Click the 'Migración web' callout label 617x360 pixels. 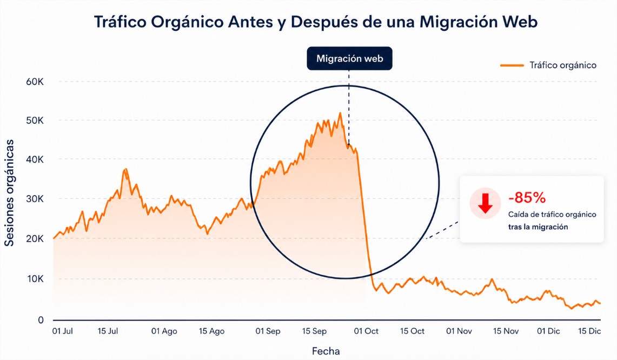349,58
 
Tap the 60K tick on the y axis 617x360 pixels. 35,82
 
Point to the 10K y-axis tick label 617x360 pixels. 35,279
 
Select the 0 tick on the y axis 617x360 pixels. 41,319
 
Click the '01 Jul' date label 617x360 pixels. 63,331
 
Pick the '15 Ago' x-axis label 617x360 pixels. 212,331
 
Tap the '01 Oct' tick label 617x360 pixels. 367,331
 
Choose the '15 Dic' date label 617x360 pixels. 589,331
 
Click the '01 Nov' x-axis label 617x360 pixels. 460,331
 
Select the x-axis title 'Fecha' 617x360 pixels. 326,351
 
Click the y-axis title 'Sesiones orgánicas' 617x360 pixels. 10,193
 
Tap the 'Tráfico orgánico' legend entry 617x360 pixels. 549,65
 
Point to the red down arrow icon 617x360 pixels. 485,203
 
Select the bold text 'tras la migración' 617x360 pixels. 538,227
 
